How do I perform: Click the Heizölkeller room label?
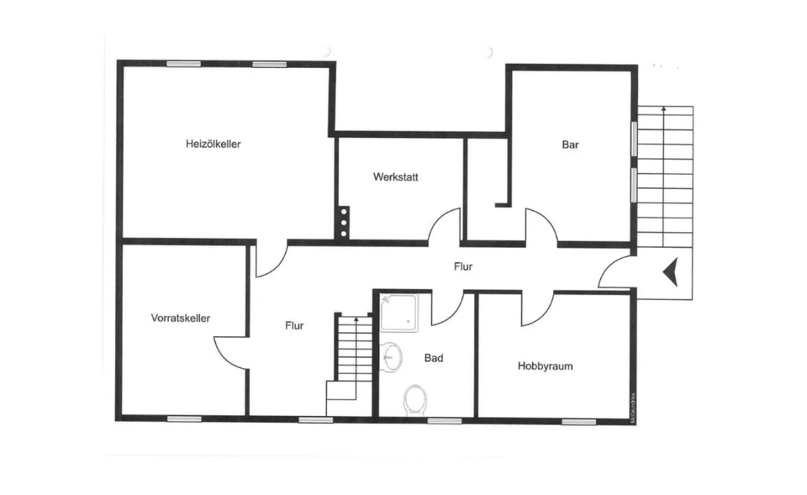pos(214,144)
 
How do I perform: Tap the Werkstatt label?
pos(396,177)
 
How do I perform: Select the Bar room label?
pos(571,145)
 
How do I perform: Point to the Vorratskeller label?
pos(181,318)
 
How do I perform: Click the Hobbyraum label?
pos(546,366)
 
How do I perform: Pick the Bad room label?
pos(434,358)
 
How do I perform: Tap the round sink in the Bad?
pos(391,355)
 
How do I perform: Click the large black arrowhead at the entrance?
pos(671,272)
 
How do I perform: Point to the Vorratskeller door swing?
pos(230,349)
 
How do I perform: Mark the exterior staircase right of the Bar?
pos(664,176)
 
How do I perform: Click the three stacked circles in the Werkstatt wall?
pos(344,222)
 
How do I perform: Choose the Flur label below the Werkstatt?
pos(462,267)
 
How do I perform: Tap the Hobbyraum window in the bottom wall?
pos(579,420)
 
